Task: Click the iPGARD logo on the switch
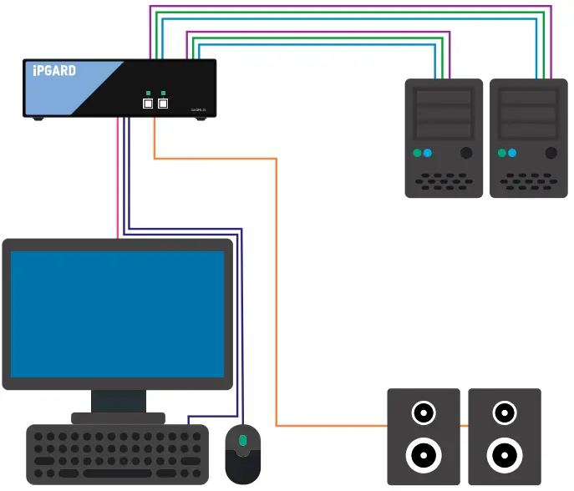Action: pos(54,71)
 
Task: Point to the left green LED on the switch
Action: pos(148,93)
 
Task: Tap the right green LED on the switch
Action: pos(164,93)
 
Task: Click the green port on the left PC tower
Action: pos(416,153)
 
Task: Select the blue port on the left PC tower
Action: pos(428,153)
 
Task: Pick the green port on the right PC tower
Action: pos(500,153)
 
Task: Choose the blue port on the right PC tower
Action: pos(512,153)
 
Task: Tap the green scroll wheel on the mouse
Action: pos(243,440)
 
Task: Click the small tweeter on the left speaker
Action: pos(423,413)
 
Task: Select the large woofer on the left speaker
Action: pos(423,455)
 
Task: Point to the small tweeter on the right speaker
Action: pos(504,413)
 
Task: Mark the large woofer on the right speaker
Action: pos(504,455)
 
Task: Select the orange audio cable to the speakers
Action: pos(276,292)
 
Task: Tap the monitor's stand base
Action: pos(117,418)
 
